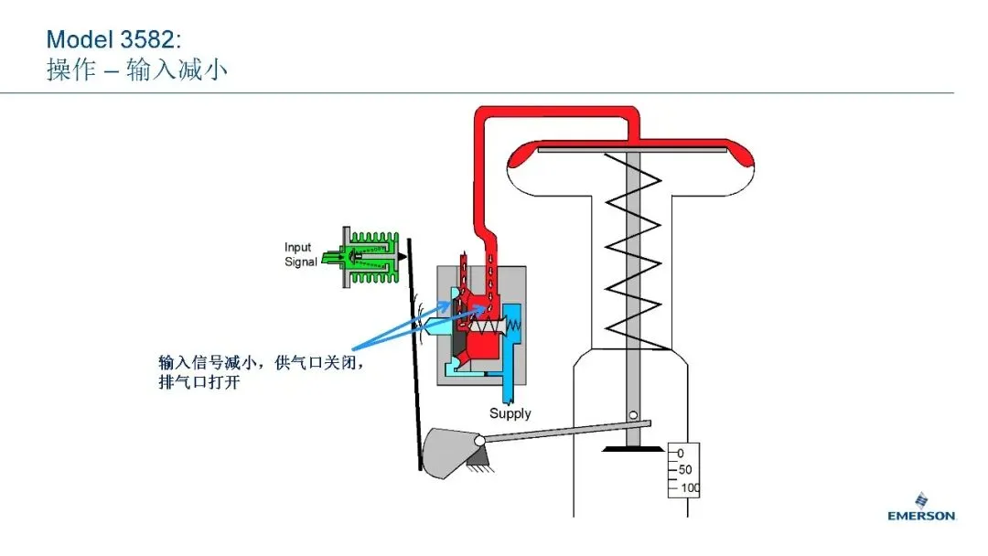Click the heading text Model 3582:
click(x=114, y=39)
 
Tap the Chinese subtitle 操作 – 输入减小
click(x=136, y=69)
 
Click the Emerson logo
click(x=921, y=507)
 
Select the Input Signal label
click(x=301, y=254)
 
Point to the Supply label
click(x=510, y=413)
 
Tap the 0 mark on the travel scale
click(x=681, y=454)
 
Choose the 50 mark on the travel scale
click(x=685, y=470)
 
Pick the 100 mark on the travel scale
click(x=690, y=488)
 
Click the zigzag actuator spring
click(x=633, y=251)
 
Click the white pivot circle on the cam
click(x=479, y=442)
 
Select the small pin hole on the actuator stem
click(x=633, y=415)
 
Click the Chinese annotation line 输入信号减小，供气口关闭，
click(x=262, y=363)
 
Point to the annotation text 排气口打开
click(x=199, y=381)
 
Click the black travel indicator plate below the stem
click(x=633, y=449)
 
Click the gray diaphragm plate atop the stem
click(x=632, y=150)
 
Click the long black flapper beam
click(x=414, y=354)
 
